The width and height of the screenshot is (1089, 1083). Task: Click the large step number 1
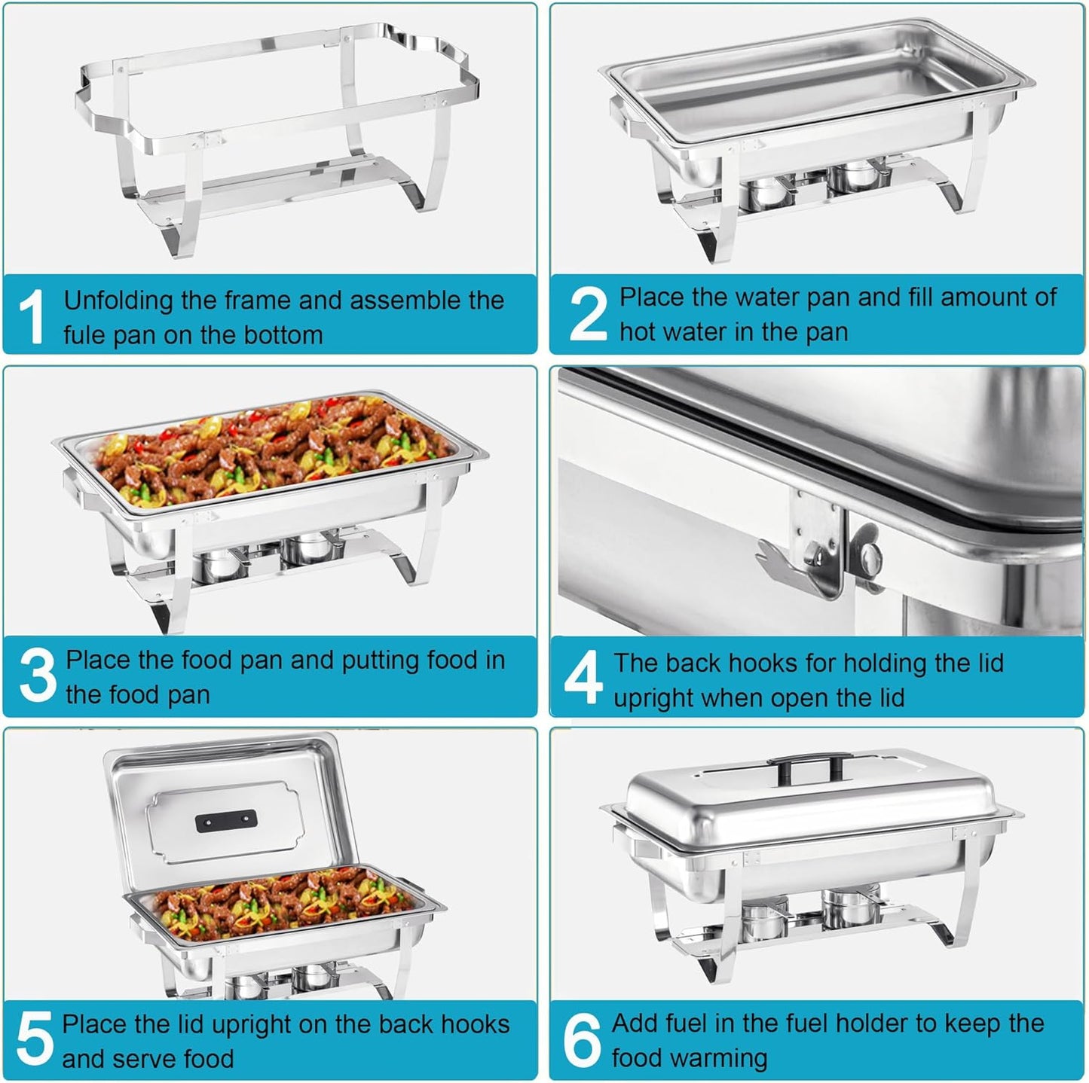32,316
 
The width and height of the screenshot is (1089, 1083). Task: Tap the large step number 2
587,314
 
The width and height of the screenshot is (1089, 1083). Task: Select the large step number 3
37,676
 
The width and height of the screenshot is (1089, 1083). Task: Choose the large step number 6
582,1039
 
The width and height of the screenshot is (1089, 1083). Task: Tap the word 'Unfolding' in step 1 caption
118,301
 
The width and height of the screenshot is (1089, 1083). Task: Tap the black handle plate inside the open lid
225,821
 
